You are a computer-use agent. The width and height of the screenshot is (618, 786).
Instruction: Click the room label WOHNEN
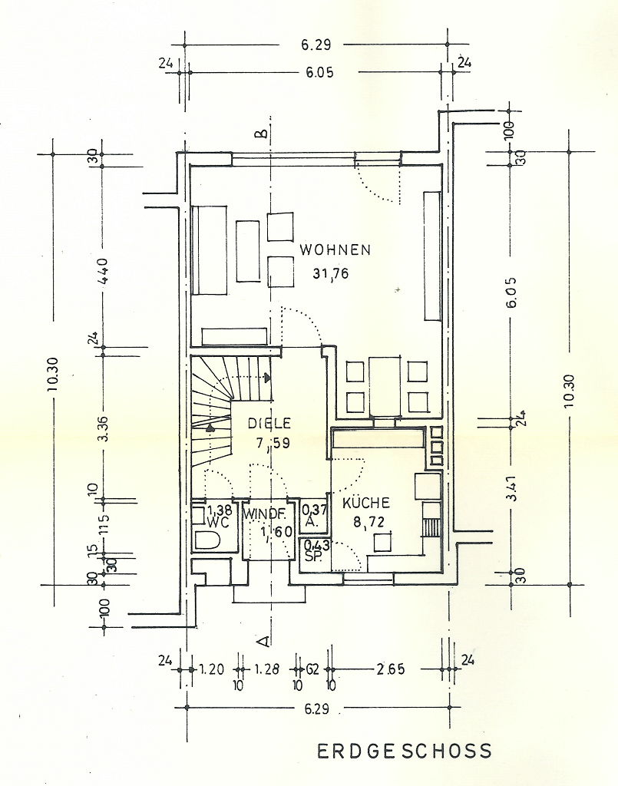click(x=335, y=249)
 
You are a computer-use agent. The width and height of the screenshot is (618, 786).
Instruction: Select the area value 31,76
click(x=331, y=272)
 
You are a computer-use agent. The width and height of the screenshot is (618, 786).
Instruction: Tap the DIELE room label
click(x=269, y=423)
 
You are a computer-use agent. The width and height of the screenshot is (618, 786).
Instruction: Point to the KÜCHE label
click(x=366, y=504)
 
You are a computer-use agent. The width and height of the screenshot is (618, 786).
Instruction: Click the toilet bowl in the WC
click(x=207, y=539)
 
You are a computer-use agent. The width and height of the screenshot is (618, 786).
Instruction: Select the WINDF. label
click(x=266, y=513)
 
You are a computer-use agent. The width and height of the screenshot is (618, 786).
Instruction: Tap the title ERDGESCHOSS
click(x=405, y=751)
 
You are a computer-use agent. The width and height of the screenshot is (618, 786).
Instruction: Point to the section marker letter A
click(x=262, y=639)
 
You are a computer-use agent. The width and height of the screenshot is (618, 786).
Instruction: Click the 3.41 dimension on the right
click(x=511, y=488)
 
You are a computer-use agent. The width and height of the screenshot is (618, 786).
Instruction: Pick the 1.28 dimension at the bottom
click(x=266, y=669)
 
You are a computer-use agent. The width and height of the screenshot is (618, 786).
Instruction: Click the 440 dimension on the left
click(x=102, y=271)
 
